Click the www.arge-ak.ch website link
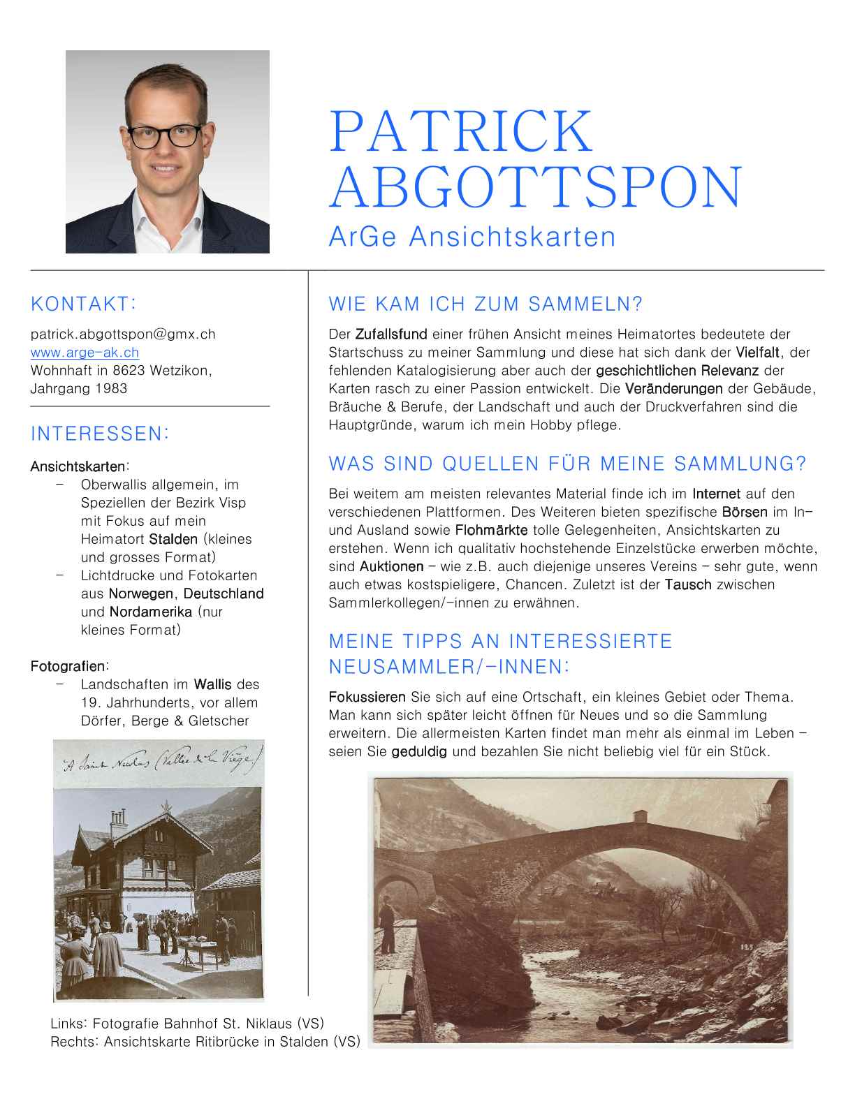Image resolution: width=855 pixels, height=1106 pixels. click(85, 353)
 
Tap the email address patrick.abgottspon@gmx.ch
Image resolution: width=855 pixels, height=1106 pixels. click(123, 334)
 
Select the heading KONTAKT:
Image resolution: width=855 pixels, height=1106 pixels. click(83, 304)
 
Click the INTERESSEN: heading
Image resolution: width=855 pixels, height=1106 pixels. click(100, 434)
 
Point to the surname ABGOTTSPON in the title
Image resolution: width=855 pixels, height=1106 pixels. click(535, 187)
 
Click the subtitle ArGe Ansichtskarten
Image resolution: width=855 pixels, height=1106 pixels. click(472, 237)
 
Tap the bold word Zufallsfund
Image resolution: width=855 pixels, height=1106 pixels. click(391, 334)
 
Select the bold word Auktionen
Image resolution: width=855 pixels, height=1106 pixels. click(391, 566)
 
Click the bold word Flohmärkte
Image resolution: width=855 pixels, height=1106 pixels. click(491, 530)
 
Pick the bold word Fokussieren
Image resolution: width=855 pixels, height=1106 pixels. click(367, 697)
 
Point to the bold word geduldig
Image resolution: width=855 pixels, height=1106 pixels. click(419, 751)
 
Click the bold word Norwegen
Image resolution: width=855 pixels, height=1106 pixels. click(141, 593)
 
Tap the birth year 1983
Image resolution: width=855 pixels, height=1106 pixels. click(111, 389)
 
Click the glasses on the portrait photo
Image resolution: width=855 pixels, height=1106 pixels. click(165, 136)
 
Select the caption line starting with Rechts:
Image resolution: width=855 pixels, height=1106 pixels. click(205, 1042)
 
